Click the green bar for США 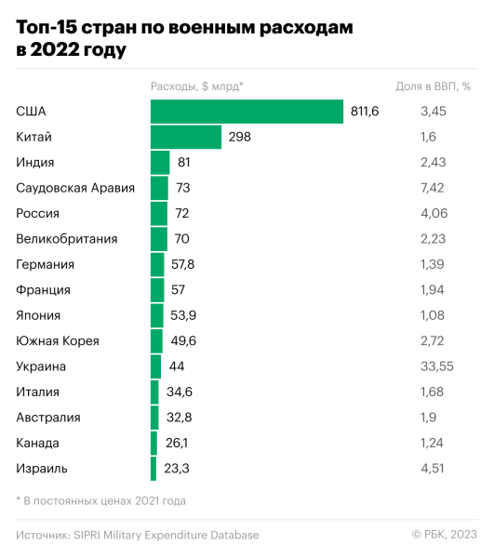[x=247, y=112]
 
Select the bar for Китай [x=186, y=137]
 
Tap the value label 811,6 [x=365, y=112]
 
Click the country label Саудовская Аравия [x=75, y=188]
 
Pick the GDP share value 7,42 [x=434, y=188]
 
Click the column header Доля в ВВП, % [x=434, y=87]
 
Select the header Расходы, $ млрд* [x=197, y=87]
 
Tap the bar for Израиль [x=154, y=468]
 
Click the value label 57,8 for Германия [x=182, y=264]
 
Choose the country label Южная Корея [x=58, y=340]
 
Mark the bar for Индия [x=160, y=163]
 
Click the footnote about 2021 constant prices [x=101, y=500]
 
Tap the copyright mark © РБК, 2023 [x=444, y=535]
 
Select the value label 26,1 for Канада [x=177, y=443]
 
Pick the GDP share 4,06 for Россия [x=434, y=213]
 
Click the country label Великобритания [x=67, y=239]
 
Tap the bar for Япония [x=157, y=315]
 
